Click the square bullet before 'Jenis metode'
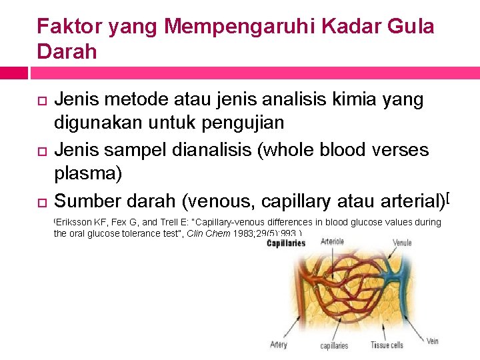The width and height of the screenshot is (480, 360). (x=41, y=101)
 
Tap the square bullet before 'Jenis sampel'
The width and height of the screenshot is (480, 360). (x=41, y=151)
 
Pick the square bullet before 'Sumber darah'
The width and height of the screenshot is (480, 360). (x=41, y=201)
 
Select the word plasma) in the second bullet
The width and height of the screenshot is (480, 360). (x=87, y=173)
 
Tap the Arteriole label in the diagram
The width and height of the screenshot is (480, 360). (x=333, y=241)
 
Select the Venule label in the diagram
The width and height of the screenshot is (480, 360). (x=401, y=243)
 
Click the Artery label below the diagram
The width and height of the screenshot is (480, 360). (x=279, y=345)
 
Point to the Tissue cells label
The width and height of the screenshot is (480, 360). (x=386, y=345)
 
